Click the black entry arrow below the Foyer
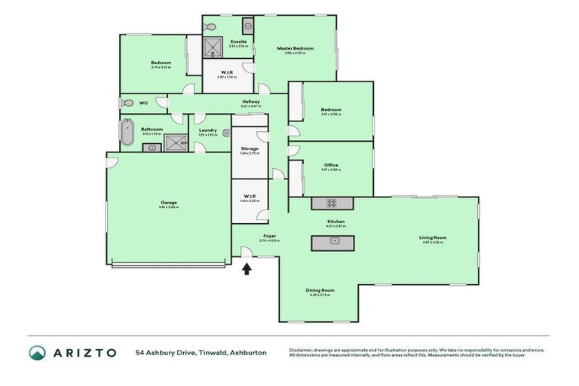[x=247, y=268]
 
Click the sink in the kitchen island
[x=332, y=241]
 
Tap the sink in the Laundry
[x=225, y=133]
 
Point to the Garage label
[x=168, y=203]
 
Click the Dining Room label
[x=320, y=290]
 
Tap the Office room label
[x=331, y=165]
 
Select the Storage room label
[x=249, y=149]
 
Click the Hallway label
[x=251, y=102]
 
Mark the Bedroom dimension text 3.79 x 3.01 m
[x=161, y=68]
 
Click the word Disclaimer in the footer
[x=305, y=350]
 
